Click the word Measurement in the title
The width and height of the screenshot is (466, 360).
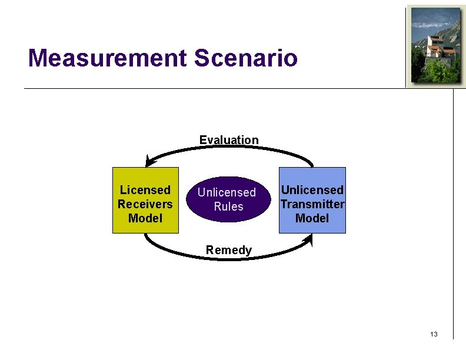tap(106, 58)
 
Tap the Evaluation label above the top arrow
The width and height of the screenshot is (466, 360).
tap(229, 140)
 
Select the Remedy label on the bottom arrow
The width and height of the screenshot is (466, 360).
tap(229, 250)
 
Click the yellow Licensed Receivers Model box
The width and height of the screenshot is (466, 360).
tap(145, 201)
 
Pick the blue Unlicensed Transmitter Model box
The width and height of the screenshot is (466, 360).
tap(312, 201)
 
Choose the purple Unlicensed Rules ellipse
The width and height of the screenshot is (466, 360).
tap(227, 199)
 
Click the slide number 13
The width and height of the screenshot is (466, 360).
tap(434, 334)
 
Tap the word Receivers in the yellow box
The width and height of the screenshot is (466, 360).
tap(145, 204)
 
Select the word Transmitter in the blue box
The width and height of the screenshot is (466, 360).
tap(312, 204)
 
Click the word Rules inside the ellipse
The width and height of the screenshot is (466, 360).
tap(228, 206)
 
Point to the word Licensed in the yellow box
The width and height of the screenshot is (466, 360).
tap(145, 190)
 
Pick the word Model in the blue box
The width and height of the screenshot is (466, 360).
tap(312, 218)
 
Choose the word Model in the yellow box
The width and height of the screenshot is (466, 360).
tap(145, 218)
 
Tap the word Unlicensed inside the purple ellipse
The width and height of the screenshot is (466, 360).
tap(227, 192)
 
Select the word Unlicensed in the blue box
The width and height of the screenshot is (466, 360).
tap(312, 190)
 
